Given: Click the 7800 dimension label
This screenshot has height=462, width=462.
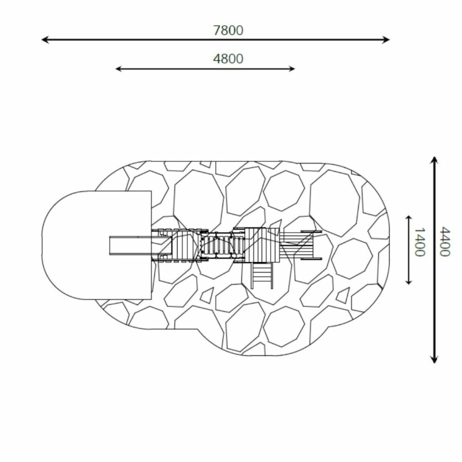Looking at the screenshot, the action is (228, 30).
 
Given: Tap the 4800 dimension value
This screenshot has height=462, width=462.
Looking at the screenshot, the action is (228, 59).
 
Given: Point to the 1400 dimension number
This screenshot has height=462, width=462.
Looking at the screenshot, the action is (419, 242).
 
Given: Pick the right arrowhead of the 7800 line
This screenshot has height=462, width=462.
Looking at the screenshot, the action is (386, 40).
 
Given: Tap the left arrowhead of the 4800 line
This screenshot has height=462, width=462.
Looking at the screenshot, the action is (119, 69).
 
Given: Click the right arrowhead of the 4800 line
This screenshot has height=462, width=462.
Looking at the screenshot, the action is (292, 69).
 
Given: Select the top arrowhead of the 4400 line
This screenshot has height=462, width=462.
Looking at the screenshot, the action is (434, 160).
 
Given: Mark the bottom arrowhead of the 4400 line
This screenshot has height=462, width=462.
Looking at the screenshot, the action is (434, 359).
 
